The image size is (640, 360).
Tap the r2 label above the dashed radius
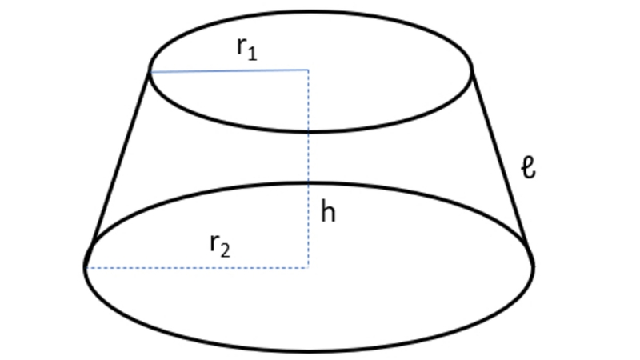[220, 246]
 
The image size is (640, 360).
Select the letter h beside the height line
[328, 211]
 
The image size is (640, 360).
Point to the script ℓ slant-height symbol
[529, 167]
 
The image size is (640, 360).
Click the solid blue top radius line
[229, 71]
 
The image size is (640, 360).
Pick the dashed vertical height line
[308, 169]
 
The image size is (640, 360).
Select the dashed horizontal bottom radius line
[197, 268]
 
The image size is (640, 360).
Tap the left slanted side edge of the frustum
[121, 157]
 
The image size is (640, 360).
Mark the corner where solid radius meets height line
[308, 70]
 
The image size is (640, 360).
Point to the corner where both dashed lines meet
[308, 268]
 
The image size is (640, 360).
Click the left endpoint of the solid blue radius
[150, 72]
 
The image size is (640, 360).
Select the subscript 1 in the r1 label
[252, 54]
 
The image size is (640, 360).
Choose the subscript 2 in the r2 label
[225, 250]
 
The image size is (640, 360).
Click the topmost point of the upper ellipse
[310, 11]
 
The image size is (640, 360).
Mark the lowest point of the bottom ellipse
[309, 350]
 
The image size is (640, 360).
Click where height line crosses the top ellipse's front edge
[308, 131]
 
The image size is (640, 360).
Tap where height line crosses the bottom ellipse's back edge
[308, 183]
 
